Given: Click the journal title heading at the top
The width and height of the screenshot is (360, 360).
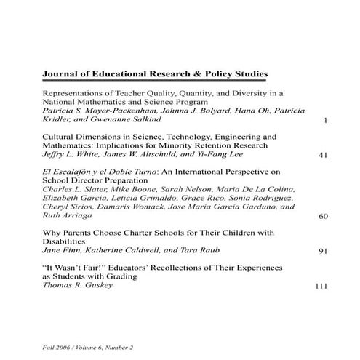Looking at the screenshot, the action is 155,73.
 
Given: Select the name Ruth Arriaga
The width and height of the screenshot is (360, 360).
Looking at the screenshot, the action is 68,216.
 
